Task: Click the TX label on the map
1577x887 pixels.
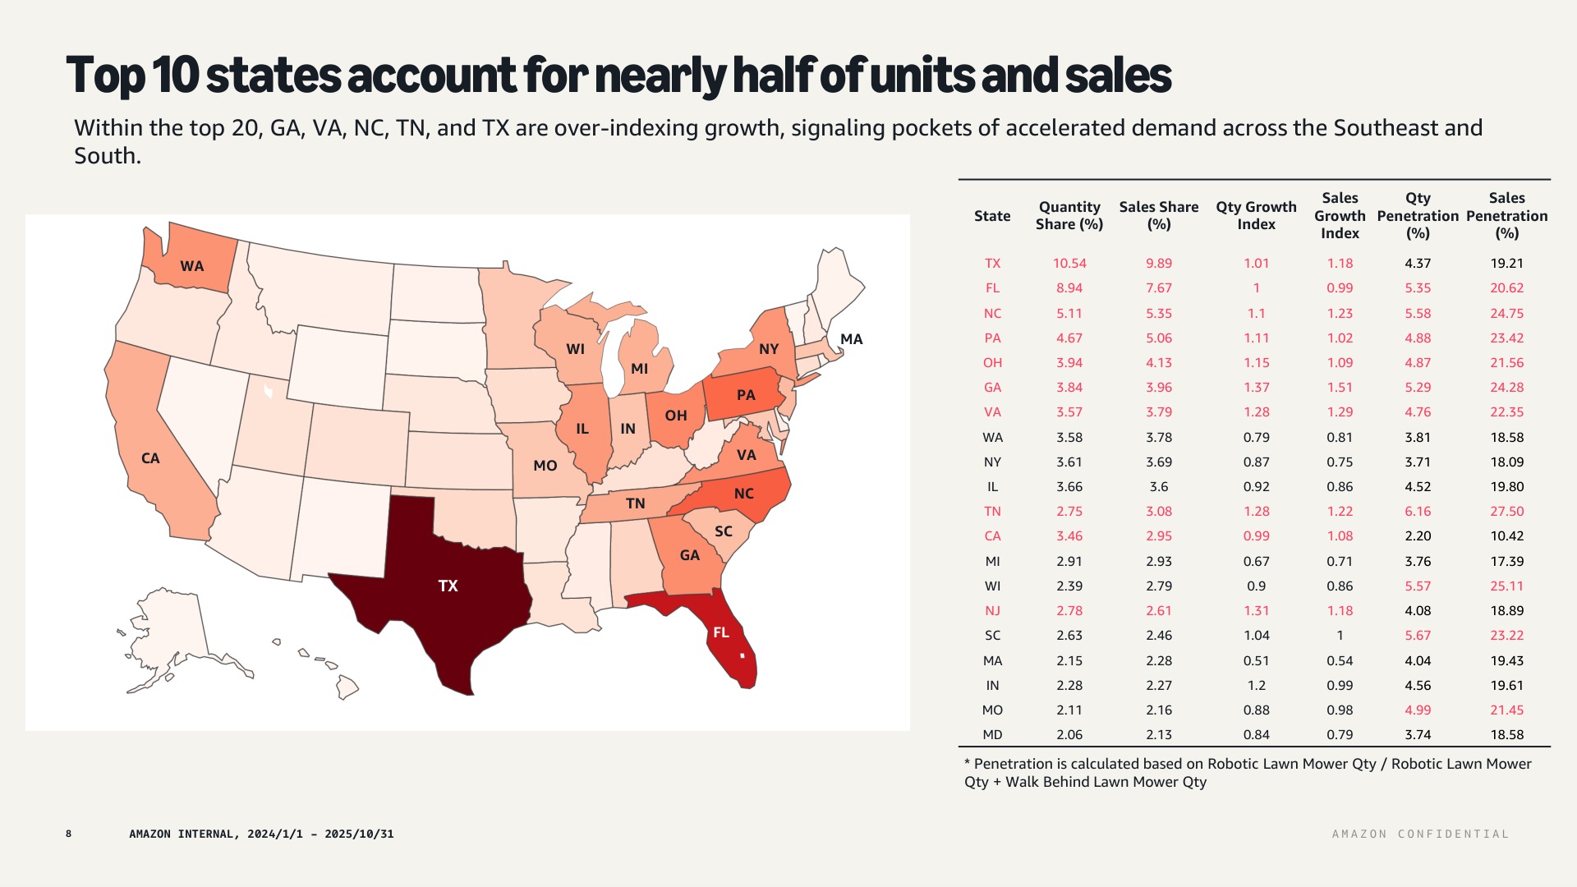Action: (448, 586)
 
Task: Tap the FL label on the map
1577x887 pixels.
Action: (721, 632)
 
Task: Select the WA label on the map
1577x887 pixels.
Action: (192, 266)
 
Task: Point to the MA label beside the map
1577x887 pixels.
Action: (852, 339)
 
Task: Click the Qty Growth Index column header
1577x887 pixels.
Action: (1256, 215)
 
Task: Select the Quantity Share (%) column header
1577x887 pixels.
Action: (1069, 215)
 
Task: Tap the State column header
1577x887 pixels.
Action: (992, 216)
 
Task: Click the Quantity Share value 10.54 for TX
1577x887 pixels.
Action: (1069, 264)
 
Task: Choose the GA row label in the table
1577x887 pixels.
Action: (992, 388)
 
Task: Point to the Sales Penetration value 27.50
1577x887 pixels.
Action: (1506, 512)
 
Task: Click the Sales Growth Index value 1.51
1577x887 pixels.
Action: (1340, 388)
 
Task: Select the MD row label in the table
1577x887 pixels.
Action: (992, 735)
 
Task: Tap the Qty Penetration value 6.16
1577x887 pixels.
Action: (1418, 512)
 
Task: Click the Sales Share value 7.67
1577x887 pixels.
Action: (1159, 288)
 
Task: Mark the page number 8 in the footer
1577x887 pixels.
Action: (69, 834)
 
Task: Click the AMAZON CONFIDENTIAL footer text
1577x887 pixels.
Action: (1420, 834)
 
